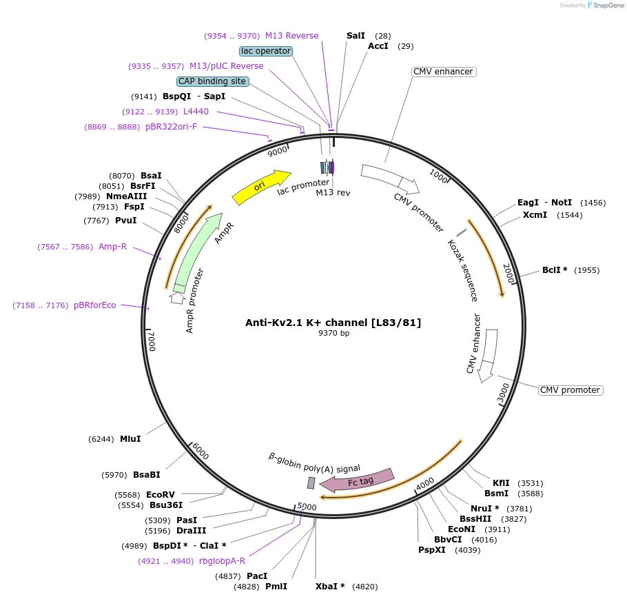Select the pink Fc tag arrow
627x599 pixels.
click(x=358, y=480)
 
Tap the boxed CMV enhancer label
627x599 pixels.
click(x=444, y=72)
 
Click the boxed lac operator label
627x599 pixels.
click(x=266, y=51)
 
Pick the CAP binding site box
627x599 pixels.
click(x=212, y=81)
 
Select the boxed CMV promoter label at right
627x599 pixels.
click(x=570, y=390)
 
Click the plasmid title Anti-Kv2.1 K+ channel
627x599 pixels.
click(x=333, y=323)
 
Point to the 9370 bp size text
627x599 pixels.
click(x=333, y=334)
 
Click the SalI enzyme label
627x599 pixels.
click(x=356, y=35)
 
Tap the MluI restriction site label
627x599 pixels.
click(x=130, y=439)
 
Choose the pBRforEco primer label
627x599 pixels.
click(x=95, y=305)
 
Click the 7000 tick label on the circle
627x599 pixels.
click(x=152, y=341)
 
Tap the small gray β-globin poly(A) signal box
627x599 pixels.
click(x=311, y=483)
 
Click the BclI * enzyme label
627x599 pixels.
click(x=555, y=270)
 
